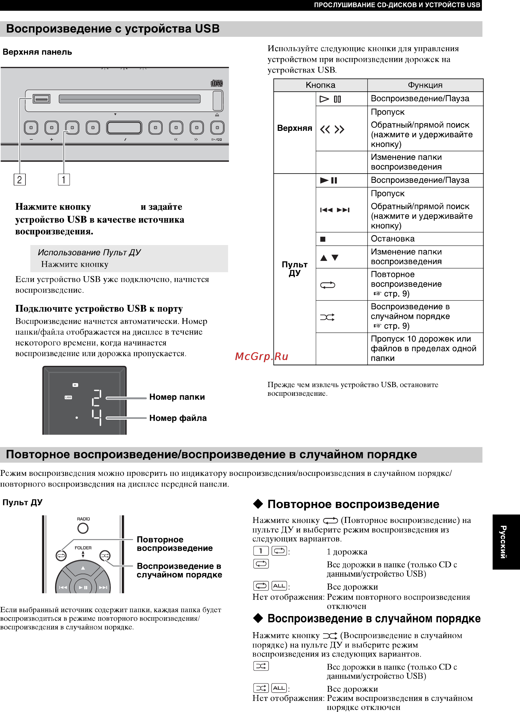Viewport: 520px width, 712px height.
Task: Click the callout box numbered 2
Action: coord(20,180)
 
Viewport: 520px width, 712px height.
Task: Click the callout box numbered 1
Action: coord(64,180)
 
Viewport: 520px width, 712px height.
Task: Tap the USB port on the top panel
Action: coord(42,99)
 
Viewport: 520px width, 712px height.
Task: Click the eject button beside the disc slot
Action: coord(218,101)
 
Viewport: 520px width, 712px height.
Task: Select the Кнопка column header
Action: coord(320,85)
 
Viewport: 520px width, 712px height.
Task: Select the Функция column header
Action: coord(425,85)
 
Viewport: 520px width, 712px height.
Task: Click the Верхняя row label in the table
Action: coord(295,128)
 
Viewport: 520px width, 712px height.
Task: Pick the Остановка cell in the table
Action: coord(393,239)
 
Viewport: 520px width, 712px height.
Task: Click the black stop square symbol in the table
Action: coord(323,239)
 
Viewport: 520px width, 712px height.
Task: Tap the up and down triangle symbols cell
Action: coord(329,257)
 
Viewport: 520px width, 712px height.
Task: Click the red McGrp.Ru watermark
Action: coord(262,357)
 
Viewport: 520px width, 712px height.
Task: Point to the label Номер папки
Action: coord(177,397)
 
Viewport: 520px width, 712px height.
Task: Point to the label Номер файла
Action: coord(178,418)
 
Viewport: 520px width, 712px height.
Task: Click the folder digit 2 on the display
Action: coord(97,398)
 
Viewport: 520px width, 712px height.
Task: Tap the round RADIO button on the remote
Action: coord(83,528)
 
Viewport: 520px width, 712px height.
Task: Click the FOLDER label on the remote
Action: coord(83,548)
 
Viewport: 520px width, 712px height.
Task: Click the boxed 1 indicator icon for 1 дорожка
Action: coord(261,551)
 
